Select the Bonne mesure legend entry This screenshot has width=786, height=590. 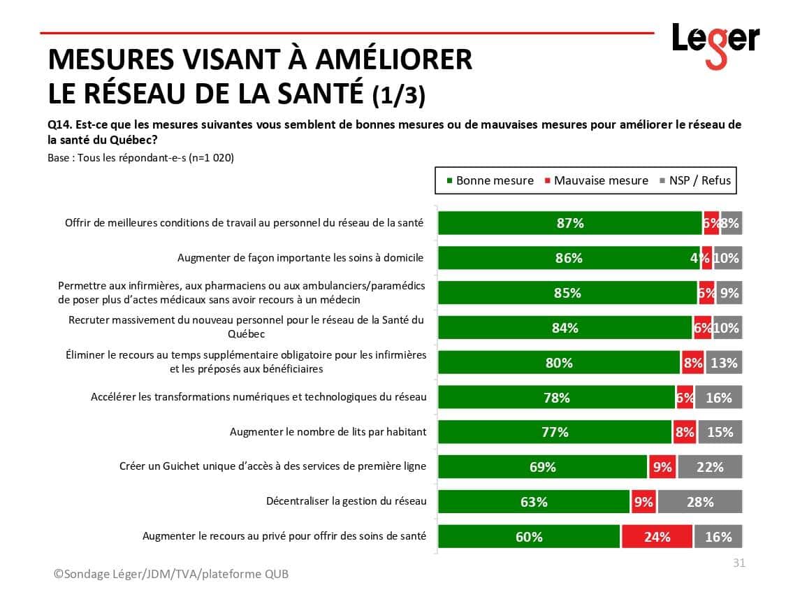point(489,180)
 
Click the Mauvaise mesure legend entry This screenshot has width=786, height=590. point(596,180)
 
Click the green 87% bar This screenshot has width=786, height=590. point(569,223)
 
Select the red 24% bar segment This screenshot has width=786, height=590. point(657,536)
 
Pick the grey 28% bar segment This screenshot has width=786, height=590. point(699,501)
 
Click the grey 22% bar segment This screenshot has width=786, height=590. point(709,466)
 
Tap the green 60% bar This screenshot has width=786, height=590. point(529,536)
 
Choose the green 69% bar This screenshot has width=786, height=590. point(542,466)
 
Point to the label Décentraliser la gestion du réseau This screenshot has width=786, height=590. point(346,501)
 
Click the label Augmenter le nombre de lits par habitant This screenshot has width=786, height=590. point(328,432)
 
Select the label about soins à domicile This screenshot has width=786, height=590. point(300,258)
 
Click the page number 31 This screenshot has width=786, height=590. point(738,563)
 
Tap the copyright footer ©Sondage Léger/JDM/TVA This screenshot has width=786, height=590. point(171,574)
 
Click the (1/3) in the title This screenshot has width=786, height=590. point(399,95)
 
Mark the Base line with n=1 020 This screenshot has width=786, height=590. point(140,158)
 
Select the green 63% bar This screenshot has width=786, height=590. point(534,501)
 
